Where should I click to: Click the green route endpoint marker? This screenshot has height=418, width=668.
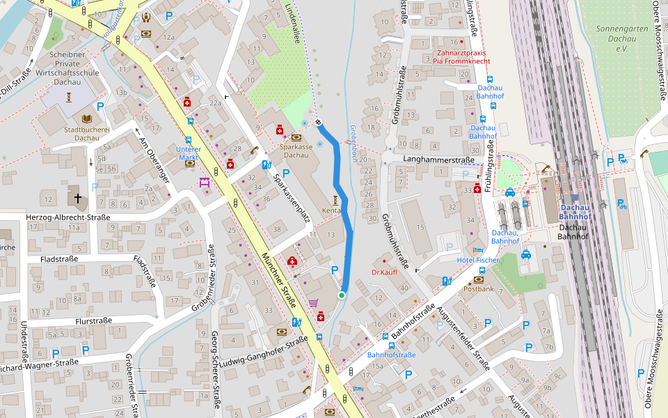click(x=342, y=295)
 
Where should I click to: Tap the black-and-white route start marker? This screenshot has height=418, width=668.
click(x=318, y=123)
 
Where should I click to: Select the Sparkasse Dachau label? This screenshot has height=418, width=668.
click(x=294, y=150)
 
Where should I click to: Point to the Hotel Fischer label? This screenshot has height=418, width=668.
click(x=477, y=260)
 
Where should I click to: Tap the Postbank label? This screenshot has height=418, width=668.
click(x=478, y=288)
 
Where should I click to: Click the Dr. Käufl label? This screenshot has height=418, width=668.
click(x=384, y=272)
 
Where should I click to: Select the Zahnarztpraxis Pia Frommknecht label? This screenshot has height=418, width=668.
click(x=461, y=57)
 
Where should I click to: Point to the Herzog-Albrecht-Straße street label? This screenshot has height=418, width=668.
click(x=68, y=217)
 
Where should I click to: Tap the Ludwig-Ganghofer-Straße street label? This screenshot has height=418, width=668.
click(x=262, y=353)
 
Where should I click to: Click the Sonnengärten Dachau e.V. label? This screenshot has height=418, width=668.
click(x=621, y=34)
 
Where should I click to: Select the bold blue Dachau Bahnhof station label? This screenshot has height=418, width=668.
click(x=575, y=212)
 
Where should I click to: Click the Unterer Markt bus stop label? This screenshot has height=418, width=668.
click(x=188, y=153)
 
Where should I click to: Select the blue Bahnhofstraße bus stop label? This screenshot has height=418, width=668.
click(x=391, y=355)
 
